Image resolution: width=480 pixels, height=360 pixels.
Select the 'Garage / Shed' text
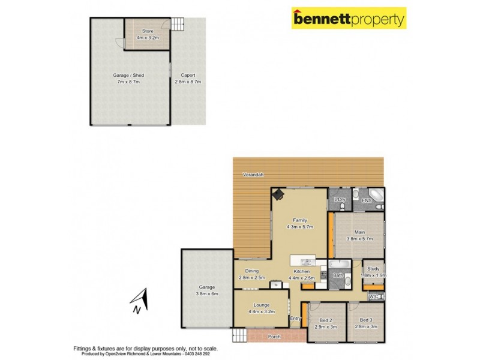coord(128,75)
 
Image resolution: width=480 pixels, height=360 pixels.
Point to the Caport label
coord(187,75)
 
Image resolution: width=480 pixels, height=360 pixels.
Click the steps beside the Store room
coord(178,25)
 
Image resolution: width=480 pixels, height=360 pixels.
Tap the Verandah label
coord(253,175)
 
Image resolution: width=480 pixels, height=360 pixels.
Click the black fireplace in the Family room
coord(279,194)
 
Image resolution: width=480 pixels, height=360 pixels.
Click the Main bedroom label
coord(359,232)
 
